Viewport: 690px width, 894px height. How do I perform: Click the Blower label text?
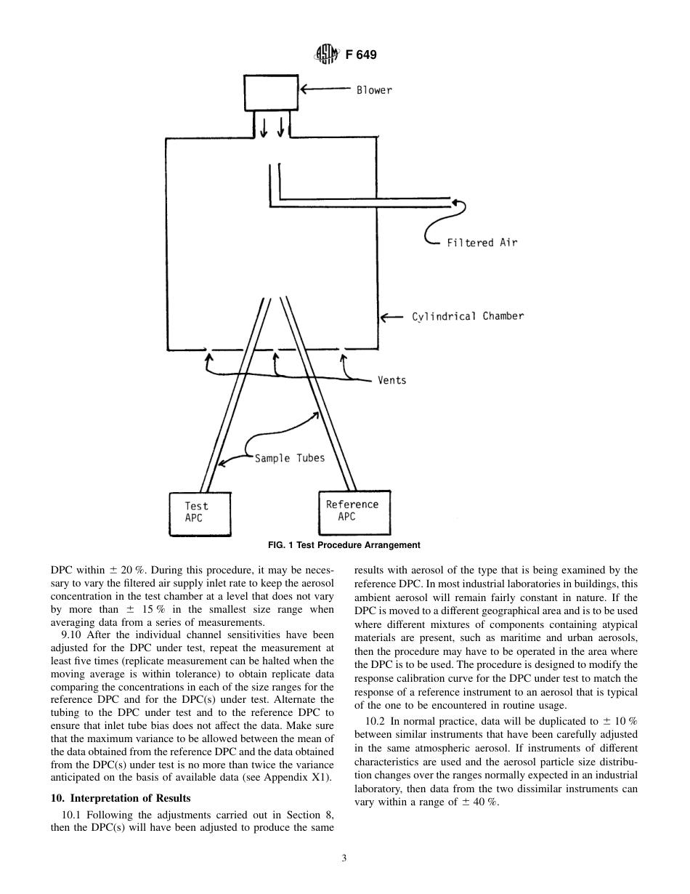point(373,90)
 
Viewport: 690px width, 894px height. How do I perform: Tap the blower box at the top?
point(270,92)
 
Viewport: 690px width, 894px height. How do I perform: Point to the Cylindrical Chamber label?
point(467,316)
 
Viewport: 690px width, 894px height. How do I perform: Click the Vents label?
point(391,380)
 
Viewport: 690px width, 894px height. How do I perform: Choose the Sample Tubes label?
point(289,459)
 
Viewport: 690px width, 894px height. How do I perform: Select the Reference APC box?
point(349,511)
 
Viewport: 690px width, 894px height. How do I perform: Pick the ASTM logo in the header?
point(326,55)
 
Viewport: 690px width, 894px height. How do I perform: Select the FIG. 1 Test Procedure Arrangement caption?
point(344,545)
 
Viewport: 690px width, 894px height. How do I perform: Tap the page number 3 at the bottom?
point(344,858)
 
